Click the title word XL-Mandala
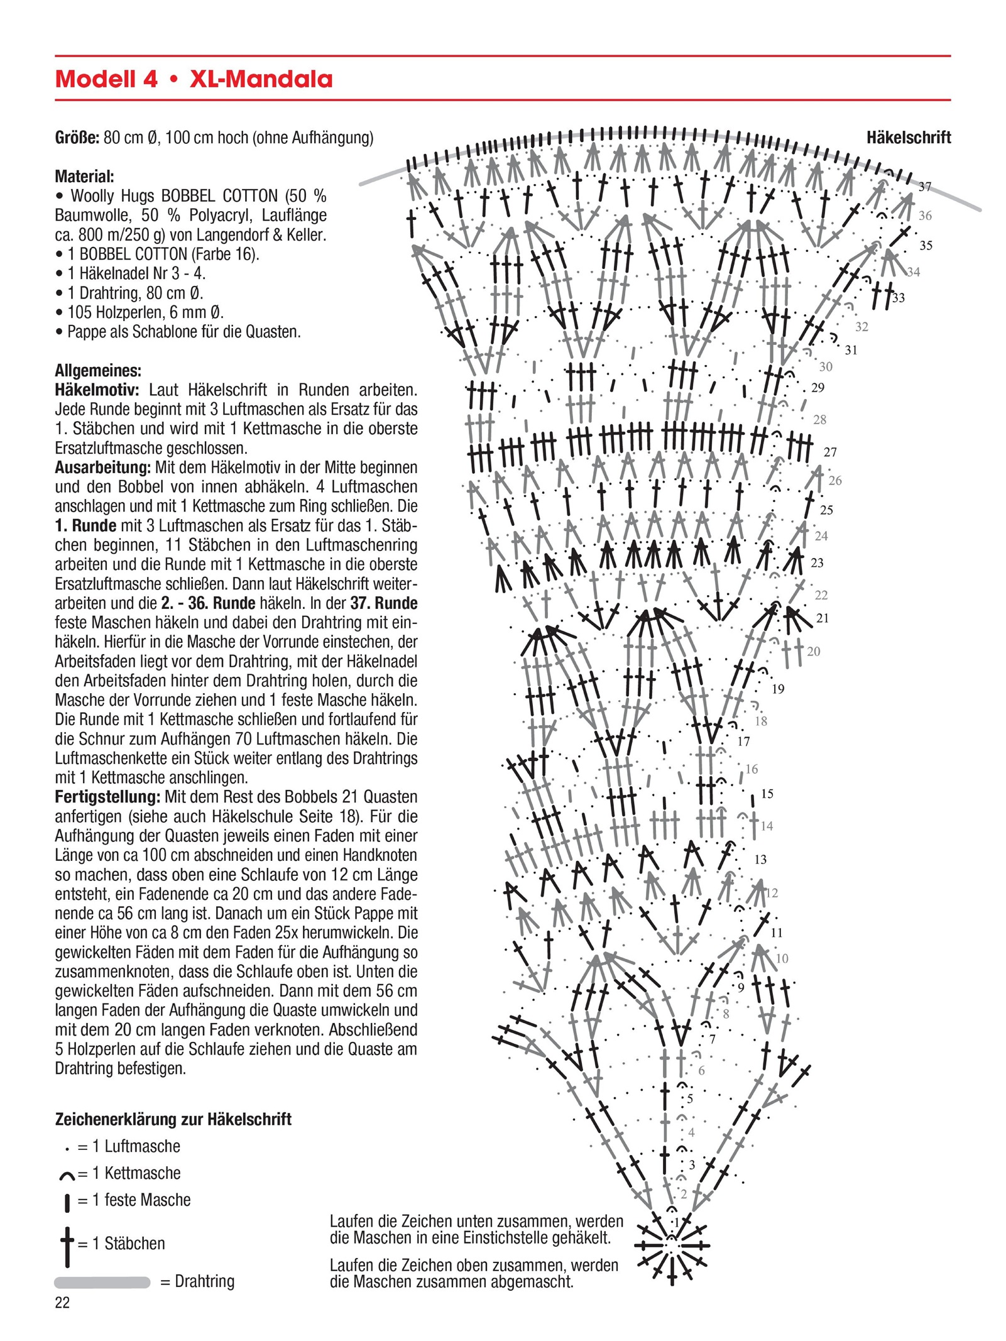click(x=261, y=79)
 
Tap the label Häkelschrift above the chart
click(x=908, y=138)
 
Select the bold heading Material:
click(x=84, y=176)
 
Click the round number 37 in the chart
click(x=924, y=187)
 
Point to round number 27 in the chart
click(x=830, y=452)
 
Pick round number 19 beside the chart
click(x=778, y=689)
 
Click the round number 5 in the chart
click(x=690, y=1099)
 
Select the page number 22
click(x=62, y=1303)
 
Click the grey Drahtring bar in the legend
click(x=102, y=1282)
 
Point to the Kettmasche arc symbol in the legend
click(x=67, y=1174)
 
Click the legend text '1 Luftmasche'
click(x=136, y=1146)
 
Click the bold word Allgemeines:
click(x=98, y=370)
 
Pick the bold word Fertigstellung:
click(x=107, y=797)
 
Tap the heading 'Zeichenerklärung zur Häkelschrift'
click(x=173, y=1119)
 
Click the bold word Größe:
click(x=77, y=138)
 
